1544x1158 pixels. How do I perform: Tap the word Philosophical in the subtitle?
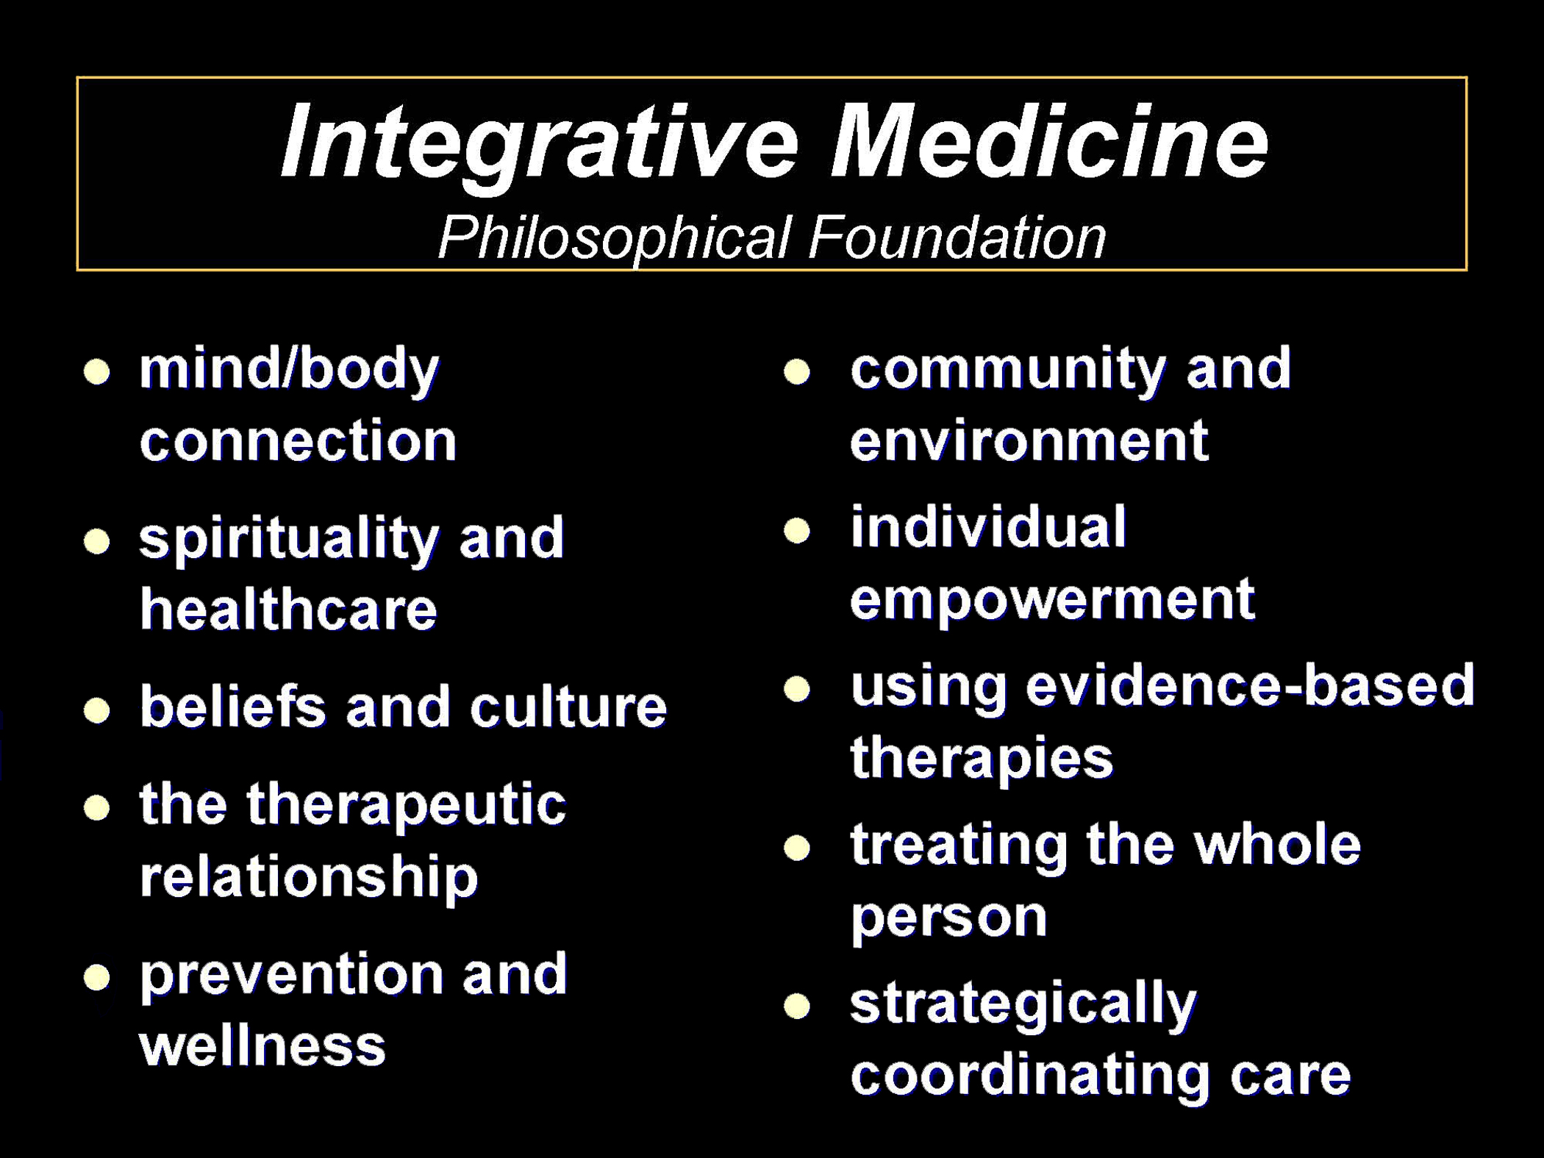click(x=614, y=238)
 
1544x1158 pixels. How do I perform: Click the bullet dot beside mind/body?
click(x=97, y=372)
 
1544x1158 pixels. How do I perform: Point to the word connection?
click(x=298, y=441)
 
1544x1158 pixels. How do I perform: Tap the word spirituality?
click(x=289, y=539)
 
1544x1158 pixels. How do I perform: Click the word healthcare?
click(x=288, y=610)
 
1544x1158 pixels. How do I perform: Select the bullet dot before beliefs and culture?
click(x=97, y=711)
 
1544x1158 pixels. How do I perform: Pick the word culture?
click(x=568, y=707)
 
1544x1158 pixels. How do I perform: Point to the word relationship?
click(x=309, y=877)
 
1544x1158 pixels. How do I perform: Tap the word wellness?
click(x=262, y=1046)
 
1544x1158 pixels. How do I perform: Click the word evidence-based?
click(x=1250, y=686)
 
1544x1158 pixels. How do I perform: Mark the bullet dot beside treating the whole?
click(x=797, y=848)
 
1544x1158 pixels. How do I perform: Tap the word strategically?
click(x=1023, y=1004)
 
